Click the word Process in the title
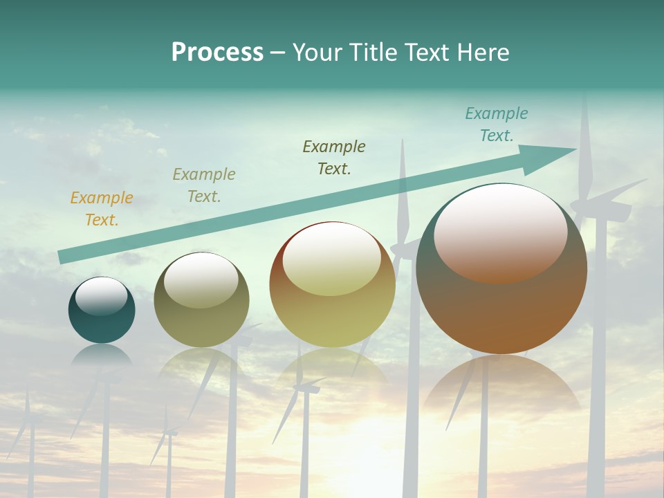217,53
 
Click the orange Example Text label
102,208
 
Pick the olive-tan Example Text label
204,185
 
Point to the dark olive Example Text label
334,157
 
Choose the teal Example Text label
497,124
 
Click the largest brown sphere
501,304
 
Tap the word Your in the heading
317,53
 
